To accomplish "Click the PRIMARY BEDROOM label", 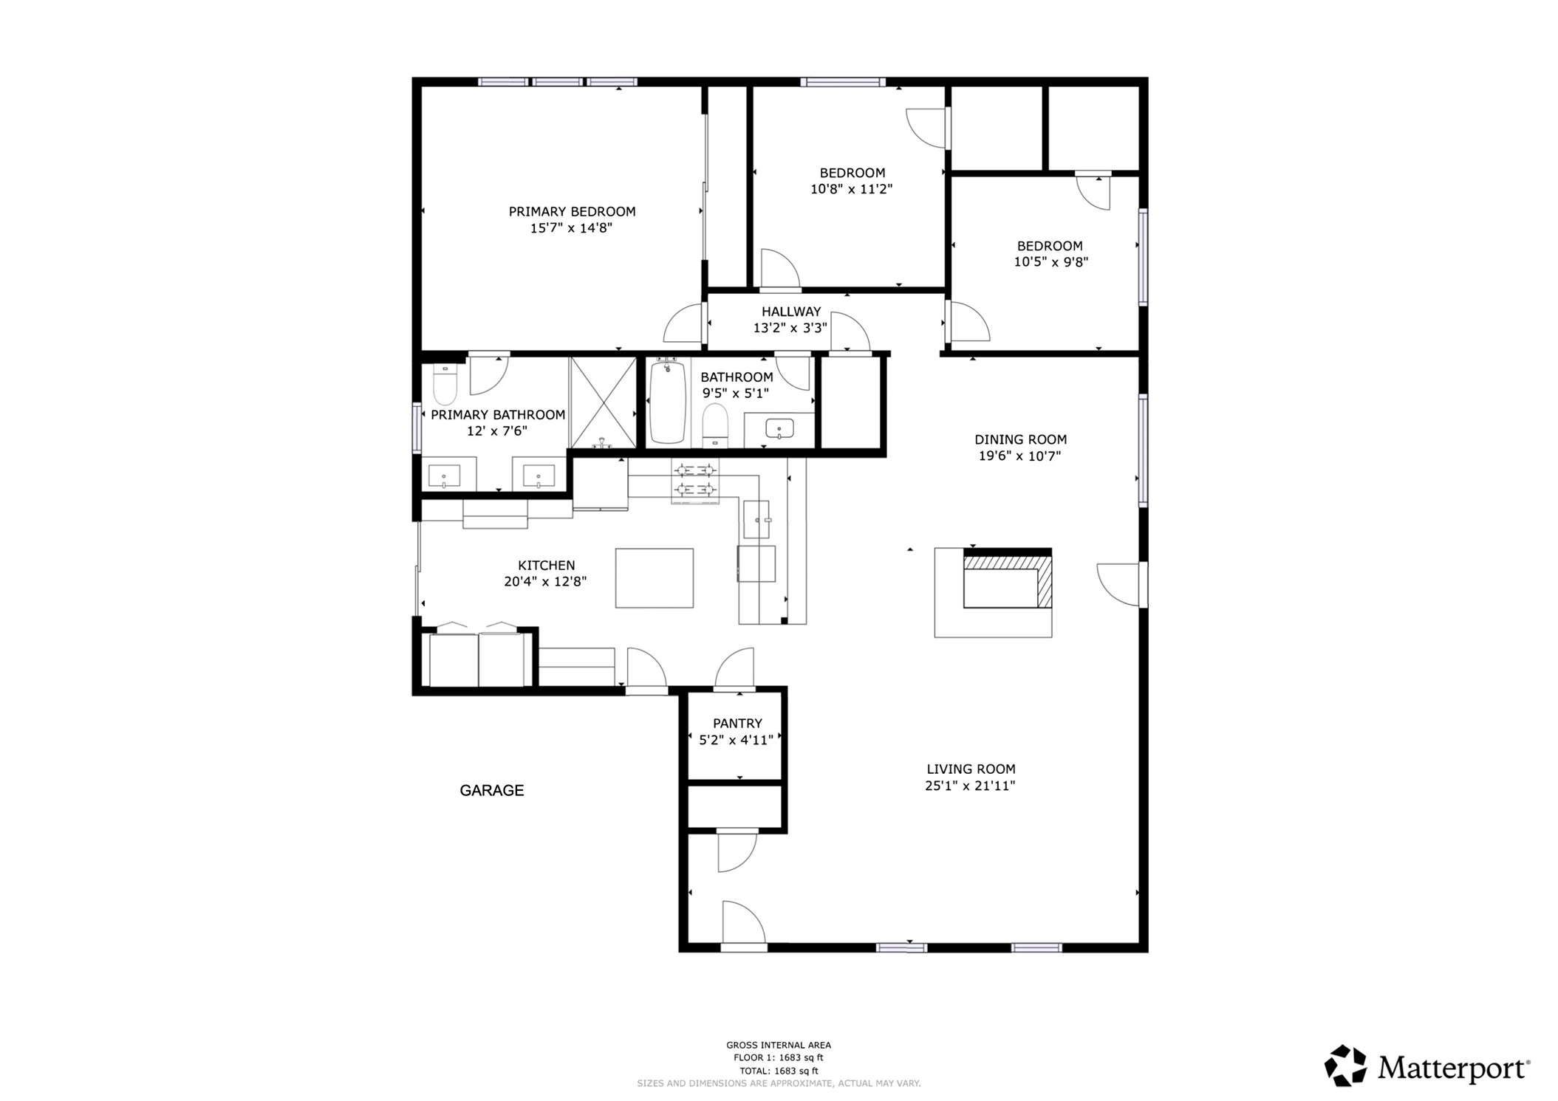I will tap(571, 211).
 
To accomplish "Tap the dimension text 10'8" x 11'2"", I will tap(851, 189).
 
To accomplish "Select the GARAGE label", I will tap(491, 790).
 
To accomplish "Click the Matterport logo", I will tap(1426, 1066).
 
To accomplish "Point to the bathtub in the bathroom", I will tap(668, 402).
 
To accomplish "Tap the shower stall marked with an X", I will tap(604, 402).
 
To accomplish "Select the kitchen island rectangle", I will tap(654, 577).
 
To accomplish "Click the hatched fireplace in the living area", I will tap(1007, 581).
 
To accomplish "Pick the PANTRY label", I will tap(737, 723).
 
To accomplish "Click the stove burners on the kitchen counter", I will tap(695, 480).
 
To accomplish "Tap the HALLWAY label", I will tap(790, 312).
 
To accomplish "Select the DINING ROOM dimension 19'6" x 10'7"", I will tap(1019, 456).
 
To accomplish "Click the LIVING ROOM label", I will tap(970, 769).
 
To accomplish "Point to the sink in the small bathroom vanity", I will tap(779, 428).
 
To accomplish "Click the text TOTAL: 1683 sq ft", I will tap(779, 1070).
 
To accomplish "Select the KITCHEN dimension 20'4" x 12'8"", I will tap(545, 581).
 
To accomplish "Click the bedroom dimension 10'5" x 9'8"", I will tap(1050, 261).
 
